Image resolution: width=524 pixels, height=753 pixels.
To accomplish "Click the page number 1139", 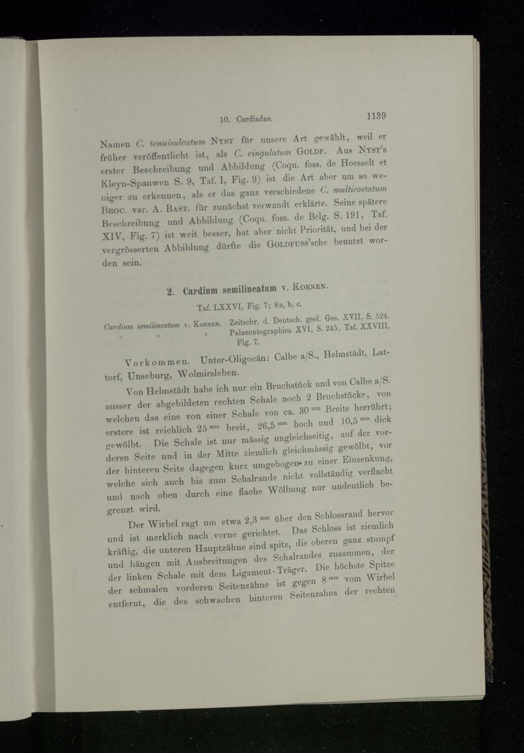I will (376, 115).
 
